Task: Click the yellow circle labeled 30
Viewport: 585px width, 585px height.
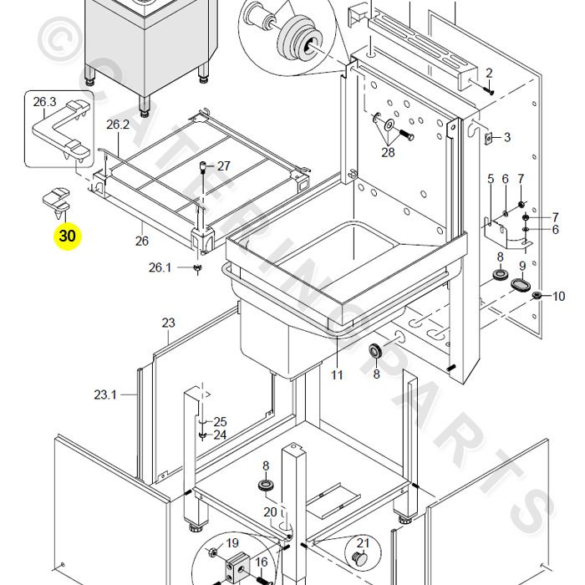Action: click(x=67, y=237)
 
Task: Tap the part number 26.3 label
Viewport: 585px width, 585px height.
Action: click(x=44, y=102)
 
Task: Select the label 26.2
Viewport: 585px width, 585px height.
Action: click(x=118, y=125)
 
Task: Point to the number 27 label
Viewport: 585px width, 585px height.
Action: click(x=223, y=166)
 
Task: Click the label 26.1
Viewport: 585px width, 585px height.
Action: click(x=160, y=267)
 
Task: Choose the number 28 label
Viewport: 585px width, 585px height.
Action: click(x=388, y=152)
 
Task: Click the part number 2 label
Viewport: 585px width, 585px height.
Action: click(x=489, y=74)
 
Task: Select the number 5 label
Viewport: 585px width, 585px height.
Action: click(x=491, y=180)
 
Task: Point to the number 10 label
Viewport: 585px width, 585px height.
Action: click(x=558, y=296)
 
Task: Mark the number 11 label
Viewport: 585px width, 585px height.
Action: click(x=337, y=375)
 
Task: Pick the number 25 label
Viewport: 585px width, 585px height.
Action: click(x=220, y=421)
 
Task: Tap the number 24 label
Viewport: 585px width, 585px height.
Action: click(x=220, y=435)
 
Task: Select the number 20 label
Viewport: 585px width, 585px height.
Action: click(x=270, y=512)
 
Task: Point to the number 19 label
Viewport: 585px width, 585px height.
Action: click(x=231, y=544)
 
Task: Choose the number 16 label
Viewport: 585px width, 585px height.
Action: click(x=261, y=562)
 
